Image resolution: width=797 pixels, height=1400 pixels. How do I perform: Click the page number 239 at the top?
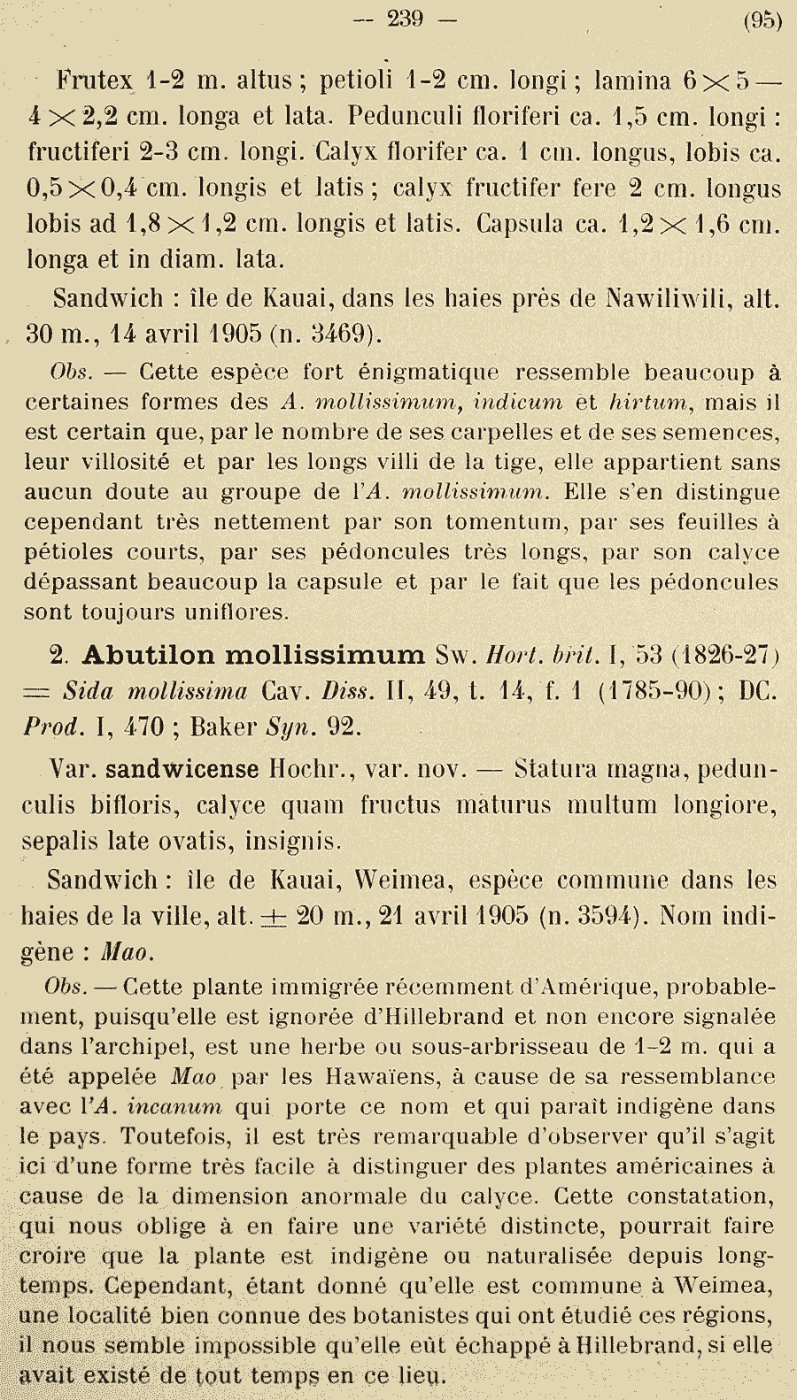(406, 19)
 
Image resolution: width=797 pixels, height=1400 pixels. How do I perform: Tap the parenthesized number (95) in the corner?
(762, 20)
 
